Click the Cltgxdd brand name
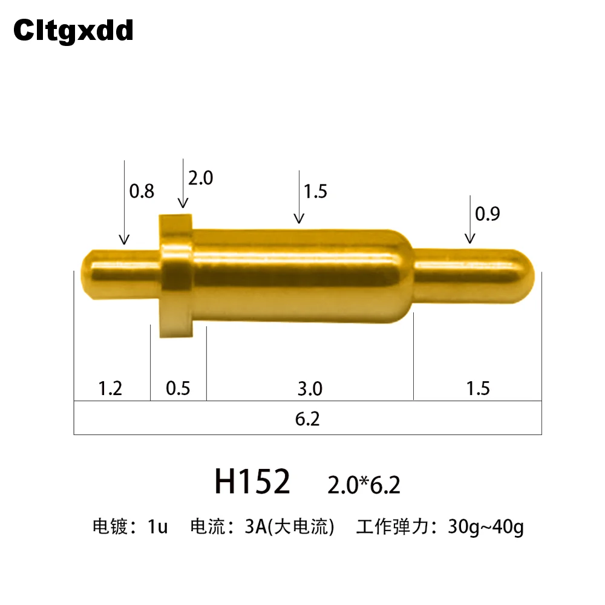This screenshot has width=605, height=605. [73, 30]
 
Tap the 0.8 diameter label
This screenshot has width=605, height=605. [142, 191]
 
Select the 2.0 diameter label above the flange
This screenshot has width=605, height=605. [201, 178]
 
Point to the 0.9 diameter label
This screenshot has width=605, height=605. [487, 214]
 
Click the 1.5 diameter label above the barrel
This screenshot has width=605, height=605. [315, 191]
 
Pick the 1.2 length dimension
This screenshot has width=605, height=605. [110, 388]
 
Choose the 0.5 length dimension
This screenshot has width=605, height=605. [178, 388]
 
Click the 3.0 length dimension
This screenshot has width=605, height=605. [310, 388]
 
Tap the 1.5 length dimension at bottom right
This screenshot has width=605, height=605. [478, 388]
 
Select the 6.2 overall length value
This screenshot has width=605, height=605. [307, 419]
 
